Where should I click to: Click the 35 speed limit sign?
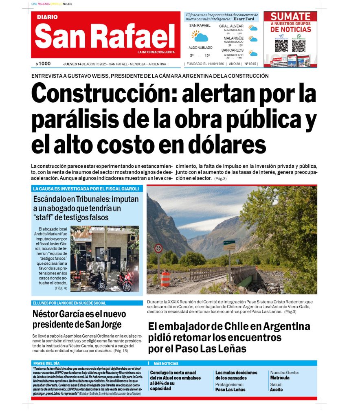tap(158, 248)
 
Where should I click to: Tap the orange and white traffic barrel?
tap(165, 279)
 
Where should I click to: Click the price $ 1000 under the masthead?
tap(43, 64)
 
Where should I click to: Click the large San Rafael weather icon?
tap(200, 36)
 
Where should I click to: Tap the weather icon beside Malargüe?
tap(253, 40)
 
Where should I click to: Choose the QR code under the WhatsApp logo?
tap(299, 45)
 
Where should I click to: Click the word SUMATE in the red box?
tap(290, 17)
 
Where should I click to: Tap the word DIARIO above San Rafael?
tap(47, 17)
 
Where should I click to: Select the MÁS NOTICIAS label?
tap(166, 363)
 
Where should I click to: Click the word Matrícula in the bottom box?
tap(280, 378)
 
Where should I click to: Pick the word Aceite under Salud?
tap(276, 390)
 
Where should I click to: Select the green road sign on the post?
tap(229, 246)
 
